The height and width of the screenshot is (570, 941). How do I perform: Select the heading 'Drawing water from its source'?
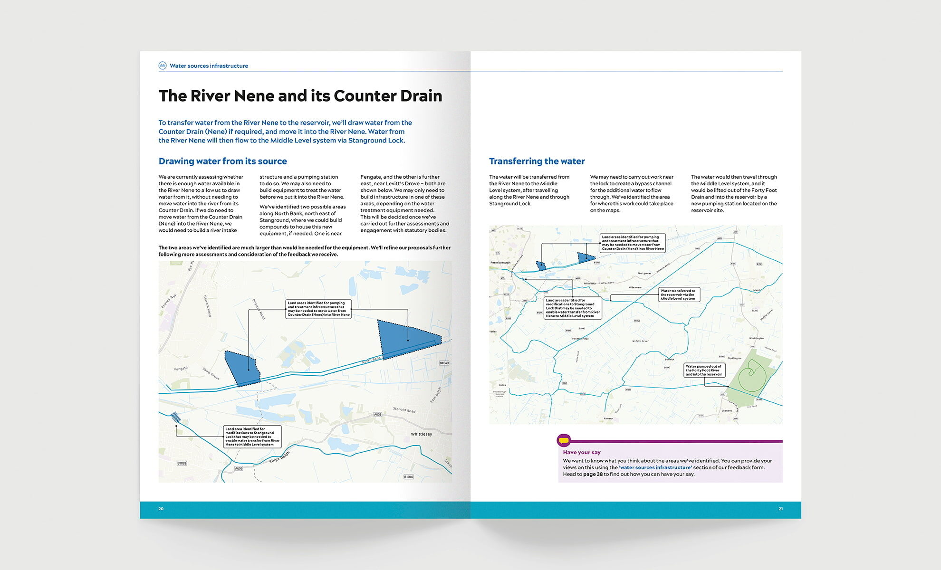(x=222, y=161)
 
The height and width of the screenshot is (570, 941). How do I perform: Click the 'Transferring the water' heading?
(x=537, y=161)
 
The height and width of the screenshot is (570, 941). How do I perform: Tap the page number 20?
(x=161, y=509)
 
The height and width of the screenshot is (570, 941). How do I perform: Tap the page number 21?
(x=780, y=509)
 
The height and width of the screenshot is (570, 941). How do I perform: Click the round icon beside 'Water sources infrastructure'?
(x=163, y=66)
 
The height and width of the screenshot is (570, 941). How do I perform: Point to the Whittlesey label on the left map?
(x=421, y=434)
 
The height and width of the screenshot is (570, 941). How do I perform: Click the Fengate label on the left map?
(x=181, y=369)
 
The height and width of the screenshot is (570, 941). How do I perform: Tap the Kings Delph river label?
(x=279, y=457)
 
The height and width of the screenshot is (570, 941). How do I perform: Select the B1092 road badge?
(x=182, y=463)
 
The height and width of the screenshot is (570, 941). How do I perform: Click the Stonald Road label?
(x=404, y=409)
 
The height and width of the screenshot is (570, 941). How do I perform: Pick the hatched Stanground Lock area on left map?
(x=176, y=418)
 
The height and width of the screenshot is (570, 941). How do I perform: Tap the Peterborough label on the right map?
(x=500, y=263)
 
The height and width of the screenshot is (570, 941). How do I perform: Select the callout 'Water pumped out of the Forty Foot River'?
(x=704, y=370)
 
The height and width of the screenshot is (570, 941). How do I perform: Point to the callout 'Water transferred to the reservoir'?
(x=678, y=294)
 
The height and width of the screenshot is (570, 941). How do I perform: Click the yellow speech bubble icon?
(x=564, y=440)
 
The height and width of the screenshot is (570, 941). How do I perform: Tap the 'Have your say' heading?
(x=582, y=452)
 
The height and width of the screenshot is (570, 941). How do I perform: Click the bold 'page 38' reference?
(x=593, y=474)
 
